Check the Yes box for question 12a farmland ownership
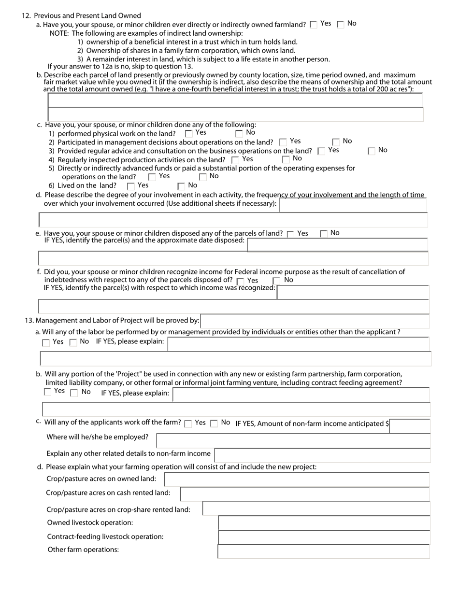coord(314,25)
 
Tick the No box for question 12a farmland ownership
coord(341,25)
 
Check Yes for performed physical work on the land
coord(189,134)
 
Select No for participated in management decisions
coord(336,142)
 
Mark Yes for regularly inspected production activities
coord(235,160)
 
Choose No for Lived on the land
coord(181,186)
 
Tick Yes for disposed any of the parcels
coord(290,234)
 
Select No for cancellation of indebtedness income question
coord(277,281)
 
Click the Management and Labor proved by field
coord(315,321)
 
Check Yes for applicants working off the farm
coord(188,424)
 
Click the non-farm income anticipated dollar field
coord(409,426)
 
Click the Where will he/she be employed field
coord(293,440)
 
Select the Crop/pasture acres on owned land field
coord(297,479)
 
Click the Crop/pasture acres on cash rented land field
coord(304,494)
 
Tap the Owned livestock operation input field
coord(324,523)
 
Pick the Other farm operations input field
coord(324,551)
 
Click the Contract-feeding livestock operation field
coord(324,537)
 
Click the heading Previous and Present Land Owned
coord(87,16)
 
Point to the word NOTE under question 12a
coord(59,33)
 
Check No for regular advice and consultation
coord(372,151)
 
